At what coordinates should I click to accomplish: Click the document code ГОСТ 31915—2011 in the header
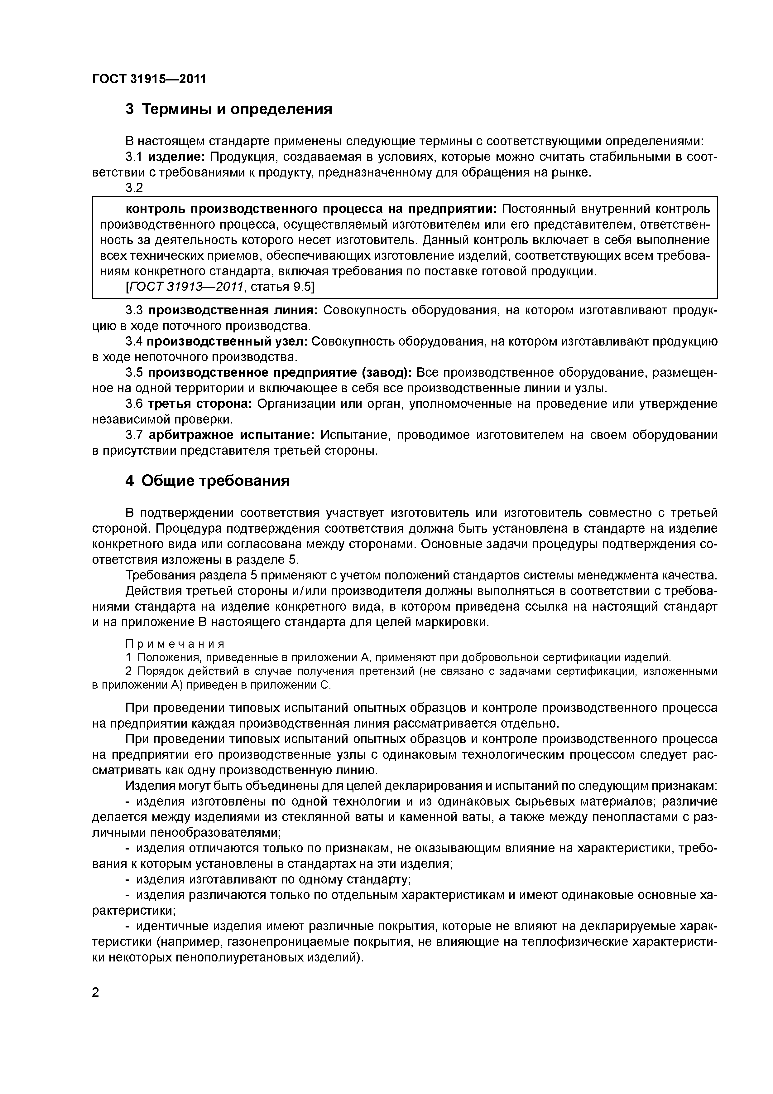click(149, 79)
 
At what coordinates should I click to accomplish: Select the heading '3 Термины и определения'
click(228, 109)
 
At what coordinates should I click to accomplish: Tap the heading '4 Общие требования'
click(207, 481)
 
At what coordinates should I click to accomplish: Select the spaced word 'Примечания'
click(174, 644)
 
